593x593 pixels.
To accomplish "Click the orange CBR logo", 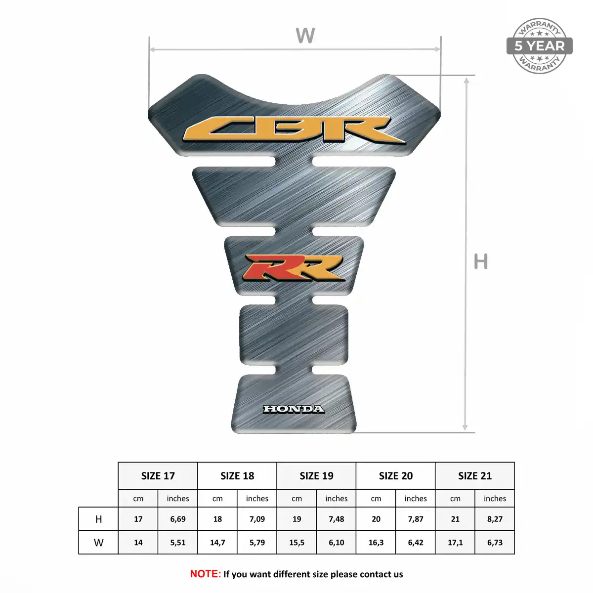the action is (294, 130).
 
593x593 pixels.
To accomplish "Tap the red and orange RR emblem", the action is (294, 267).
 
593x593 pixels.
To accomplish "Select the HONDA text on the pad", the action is (294, 409).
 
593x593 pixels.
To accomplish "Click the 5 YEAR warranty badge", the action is (539, 46).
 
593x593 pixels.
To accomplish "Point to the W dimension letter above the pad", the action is (305, 35).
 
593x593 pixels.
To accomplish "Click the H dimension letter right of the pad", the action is (481, 261).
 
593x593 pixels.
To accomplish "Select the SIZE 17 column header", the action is (158, 476).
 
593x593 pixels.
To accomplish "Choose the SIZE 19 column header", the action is (316, 476).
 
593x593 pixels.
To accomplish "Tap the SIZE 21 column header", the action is (475, 476).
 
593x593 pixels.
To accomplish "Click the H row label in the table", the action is (98, 519).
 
